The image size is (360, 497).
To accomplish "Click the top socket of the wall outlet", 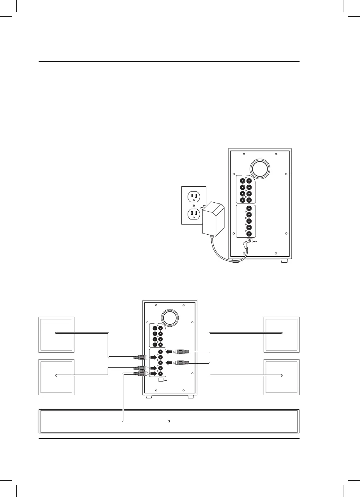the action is click(x=193, y=197).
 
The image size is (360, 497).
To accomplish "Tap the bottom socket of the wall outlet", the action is click(x=193, y=214).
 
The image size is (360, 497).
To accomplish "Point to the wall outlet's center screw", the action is click(x=193, y=205).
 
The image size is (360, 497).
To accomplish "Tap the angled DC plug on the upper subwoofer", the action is click(x=247, y=246).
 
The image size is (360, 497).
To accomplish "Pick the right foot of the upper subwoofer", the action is click(x=284, y=260).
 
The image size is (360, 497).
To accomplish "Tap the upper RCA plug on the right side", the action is click(x=183, y=351).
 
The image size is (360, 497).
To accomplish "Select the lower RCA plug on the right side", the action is click(x=183, y=363).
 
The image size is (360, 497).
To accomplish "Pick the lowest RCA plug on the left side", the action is click(x=139, y=373).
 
